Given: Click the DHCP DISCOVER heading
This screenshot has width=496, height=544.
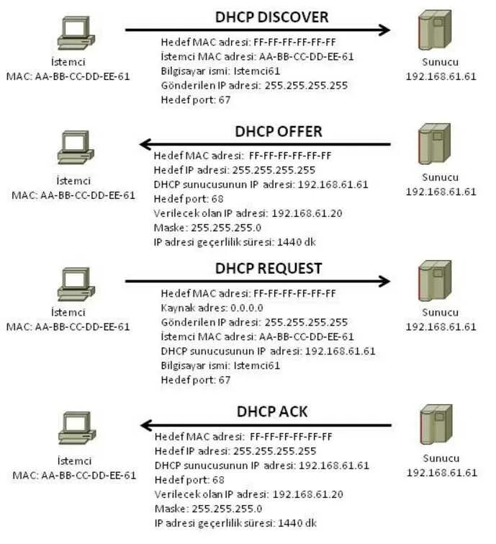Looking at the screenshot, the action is tap(272, 16).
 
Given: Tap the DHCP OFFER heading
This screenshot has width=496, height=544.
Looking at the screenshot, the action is tap(279, 131).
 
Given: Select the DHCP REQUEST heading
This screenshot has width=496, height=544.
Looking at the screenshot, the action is tap(269, 268).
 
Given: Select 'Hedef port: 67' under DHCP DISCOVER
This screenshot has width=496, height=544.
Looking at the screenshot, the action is tap(196, 99).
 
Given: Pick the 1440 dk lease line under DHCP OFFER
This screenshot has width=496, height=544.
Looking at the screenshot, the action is tap(235, 242).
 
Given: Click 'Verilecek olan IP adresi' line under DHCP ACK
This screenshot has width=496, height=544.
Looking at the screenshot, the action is tap(248, 494).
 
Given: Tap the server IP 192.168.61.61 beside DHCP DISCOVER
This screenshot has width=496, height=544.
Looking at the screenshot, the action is tap(441, 77).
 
